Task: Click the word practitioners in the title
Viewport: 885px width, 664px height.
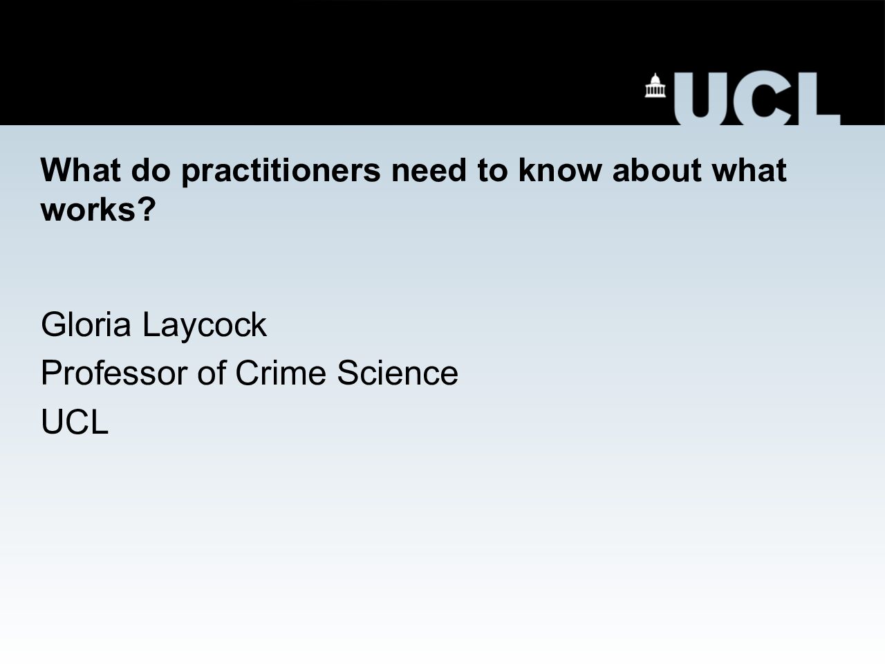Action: pyautogui.click(x=281, y=172)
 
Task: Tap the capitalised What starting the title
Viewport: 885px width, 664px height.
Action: pyautogui.click(x=81, y=169)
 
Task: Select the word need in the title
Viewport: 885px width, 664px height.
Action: pyautogui.click(x=429, y=169)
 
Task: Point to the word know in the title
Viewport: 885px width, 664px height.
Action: pyautogui.click(x=560, y=169)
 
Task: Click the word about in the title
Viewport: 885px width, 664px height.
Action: pyautogui.click(x=658, y=169)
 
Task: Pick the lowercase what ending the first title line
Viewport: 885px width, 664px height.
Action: pyautogui.click(x=749, y=169)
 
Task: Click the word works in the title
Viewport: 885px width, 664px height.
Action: pyautogui.click(x=88, y=210)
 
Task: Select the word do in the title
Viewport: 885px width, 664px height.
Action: pyautogui.click(x=151, y=169)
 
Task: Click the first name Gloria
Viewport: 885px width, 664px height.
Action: pyautogui.click(x=86, y=324)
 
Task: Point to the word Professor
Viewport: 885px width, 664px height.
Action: pyautogui.click(x=114, y=373)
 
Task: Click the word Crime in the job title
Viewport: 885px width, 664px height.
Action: pyautogui.click(x=281, y=373)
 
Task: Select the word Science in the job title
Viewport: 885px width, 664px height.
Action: pyautogui.click(x=398, y=373)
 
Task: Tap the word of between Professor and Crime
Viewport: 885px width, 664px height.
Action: pyautogui.click(x=212, y=373)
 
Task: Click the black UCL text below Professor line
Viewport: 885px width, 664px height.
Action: pyautogui.click(x=75, y=421)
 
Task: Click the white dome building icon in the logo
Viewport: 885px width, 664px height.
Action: pyautogui.click(x=655, y=86)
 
